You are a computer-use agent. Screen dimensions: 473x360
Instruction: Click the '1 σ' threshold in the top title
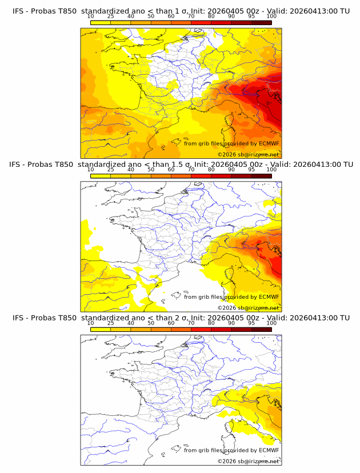(185, 11)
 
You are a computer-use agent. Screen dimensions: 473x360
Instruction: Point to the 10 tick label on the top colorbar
(91, 17)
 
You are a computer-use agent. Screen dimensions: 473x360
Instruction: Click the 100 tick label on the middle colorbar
(271, 170)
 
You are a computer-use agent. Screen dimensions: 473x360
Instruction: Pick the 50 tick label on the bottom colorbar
(151, 323)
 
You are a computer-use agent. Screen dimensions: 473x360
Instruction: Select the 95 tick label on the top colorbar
(251, 17)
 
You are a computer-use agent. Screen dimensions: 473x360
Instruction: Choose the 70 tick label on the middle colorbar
(191, 170)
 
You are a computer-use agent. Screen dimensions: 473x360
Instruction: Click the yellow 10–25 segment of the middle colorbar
(101, 176)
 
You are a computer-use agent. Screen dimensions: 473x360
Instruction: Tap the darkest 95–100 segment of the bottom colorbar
(261, 329)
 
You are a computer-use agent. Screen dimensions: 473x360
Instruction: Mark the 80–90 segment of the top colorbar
(221, 23)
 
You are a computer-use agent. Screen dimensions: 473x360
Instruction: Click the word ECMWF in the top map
(269, 143)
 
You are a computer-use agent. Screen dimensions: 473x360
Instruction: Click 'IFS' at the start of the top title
(19, 11)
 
